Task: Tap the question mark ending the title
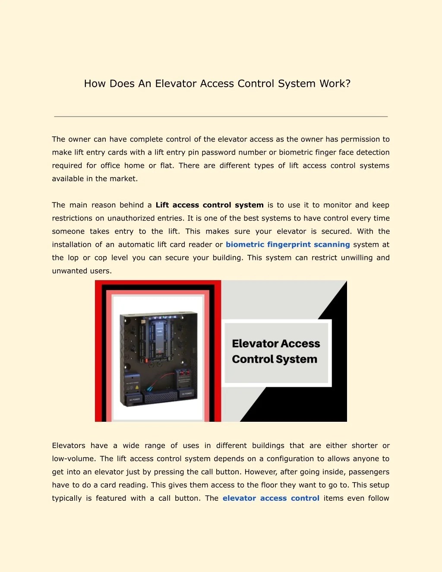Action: pyautogui.click(x=348, y=84)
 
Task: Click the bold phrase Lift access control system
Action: pyautogui.click(x=209, y=205)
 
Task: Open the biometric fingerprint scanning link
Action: pyautogui.click(x=287, y=244)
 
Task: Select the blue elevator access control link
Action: pyautogui.click(x=271, y=498)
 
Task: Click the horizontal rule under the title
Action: pyautogui.click(x=221, y=117)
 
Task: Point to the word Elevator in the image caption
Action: pyautogui.click(x=255, y=344)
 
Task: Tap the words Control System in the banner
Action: pyautogui.click(x=274, y=359)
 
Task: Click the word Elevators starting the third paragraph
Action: pyautogui.click(x=69, y=446)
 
